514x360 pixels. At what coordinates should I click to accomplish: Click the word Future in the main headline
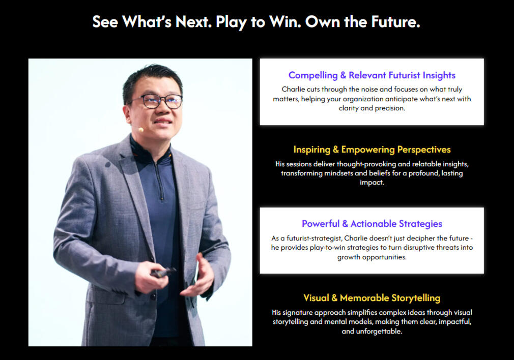395,22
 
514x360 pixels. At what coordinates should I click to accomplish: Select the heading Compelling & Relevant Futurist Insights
372,75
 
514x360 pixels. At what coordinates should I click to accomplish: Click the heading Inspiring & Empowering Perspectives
372,149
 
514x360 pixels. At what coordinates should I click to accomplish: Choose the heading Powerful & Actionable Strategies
372,224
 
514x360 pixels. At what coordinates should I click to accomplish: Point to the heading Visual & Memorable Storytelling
372,298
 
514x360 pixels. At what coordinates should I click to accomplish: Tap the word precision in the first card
390,108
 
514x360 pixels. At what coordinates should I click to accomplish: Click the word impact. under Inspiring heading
372,183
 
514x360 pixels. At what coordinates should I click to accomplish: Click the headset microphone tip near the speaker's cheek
141,130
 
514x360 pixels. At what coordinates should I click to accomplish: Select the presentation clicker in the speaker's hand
163,272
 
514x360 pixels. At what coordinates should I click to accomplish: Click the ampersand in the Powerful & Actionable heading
345,224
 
